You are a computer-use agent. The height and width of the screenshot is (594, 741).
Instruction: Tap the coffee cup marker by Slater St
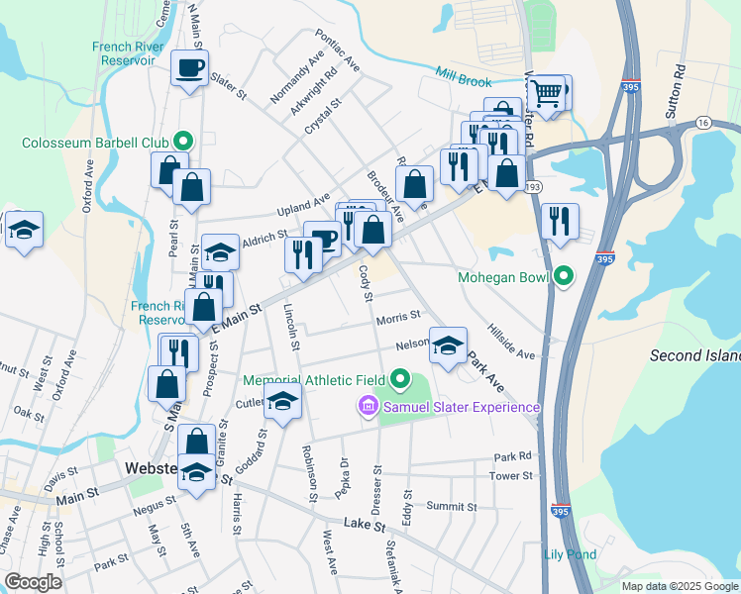coord(189,68)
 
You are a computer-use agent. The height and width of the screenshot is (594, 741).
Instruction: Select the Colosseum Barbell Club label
coord(94,143)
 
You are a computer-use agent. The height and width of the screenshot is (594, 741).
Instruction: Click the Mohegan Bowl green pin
coord(565,276)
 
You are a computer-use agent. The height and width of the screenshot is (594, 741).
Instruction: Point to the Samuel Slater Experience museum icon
coord(367,407)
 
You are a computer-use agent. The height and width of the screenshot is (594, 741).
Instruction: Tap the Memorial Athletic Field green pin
coord(401,379)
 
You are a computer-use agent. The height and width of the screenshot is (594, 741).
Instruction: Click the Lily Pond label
coord(571,555)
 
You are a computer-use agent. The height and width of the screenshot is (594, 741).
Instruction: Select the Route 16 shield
coord(702,122)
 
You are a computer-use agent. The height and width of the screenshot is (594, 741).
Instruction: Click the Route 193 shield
coord(532,186)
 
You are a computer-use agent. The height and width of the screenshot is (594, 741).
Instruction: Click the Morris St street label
coord(398,318)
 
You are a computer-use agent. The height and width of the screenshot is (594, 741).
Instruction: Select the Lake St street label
coord(364,525)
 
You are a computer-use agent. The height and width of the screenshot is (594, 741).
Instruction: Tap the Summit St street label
coord(451,506)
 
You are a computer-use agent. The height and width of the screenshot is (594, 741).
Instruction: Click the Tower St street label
coord(511,476)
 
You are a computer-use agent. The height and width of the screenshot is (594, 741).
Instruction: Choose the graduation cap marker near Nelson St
coord(448,346)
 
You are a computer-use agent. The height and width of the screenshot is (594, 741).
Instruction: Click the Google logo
coord(33,583)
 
